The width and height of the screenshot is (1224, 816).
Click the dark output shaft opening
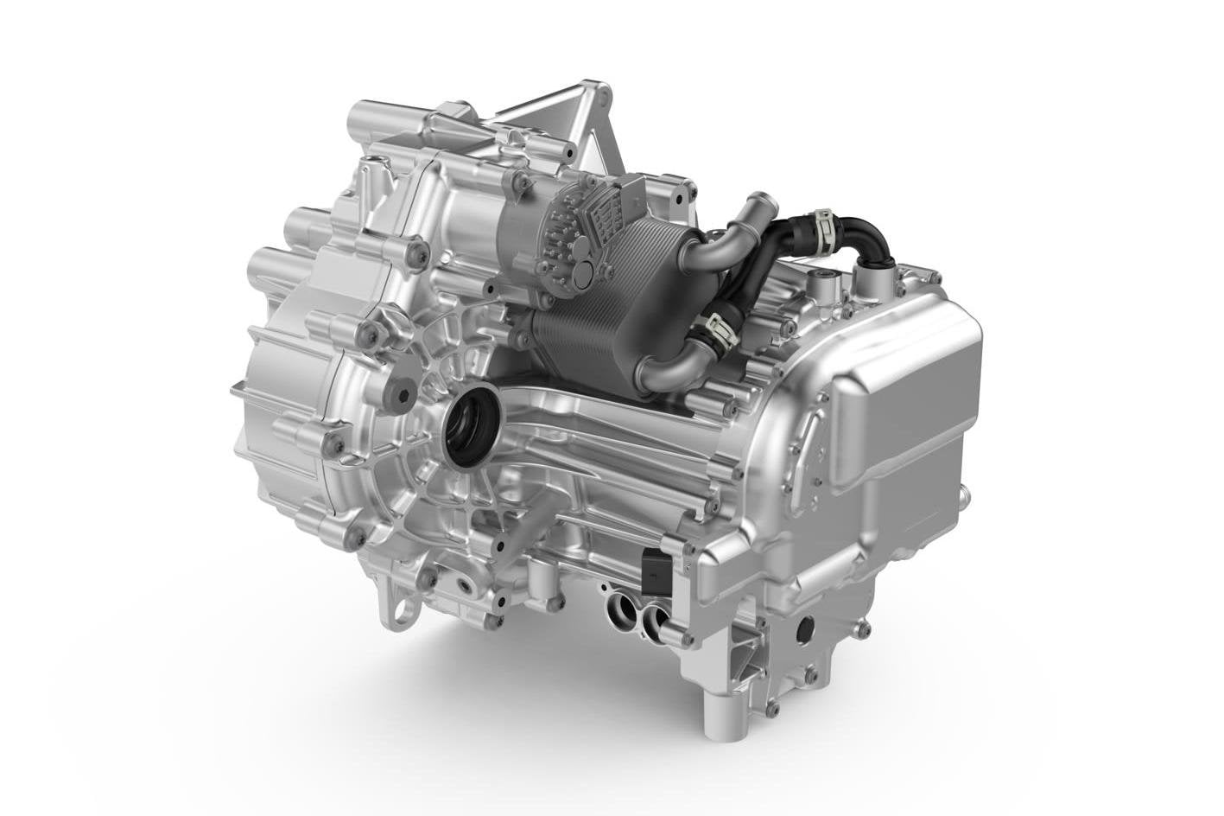(471, 423)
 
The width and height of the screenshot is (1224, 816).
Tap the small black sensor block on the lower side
(653, 571)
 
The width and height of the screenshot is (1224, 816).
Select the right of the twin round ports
(654, 617)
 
